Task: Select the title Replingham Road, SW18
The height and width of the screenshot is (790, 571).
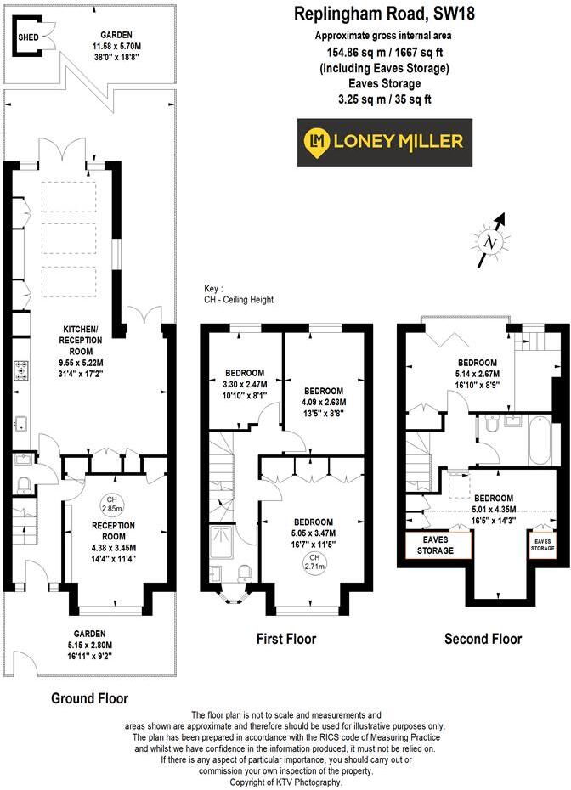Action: [385, 14]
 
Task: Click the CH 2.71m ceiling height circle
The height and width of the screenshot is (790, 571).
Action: [314, 560]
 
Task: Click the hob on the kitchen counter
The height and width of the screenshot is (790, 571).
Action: [20, 370]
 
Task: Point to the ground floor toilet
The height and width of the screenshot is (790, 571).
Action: [24, 485]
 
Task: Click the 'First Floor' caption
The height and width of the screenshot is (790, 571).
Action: [285, 639]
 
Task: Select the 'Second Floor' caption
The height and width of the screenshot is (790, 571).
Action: [483, 639]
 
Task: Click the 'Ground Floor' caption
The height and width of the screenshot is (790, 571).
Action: [89, 698]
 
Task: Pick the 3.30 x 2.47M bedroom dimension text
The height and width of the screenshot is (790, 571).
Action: [244, 383]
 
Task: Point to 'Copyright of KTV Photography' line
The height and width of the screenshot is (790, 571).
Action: [285, 782]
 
